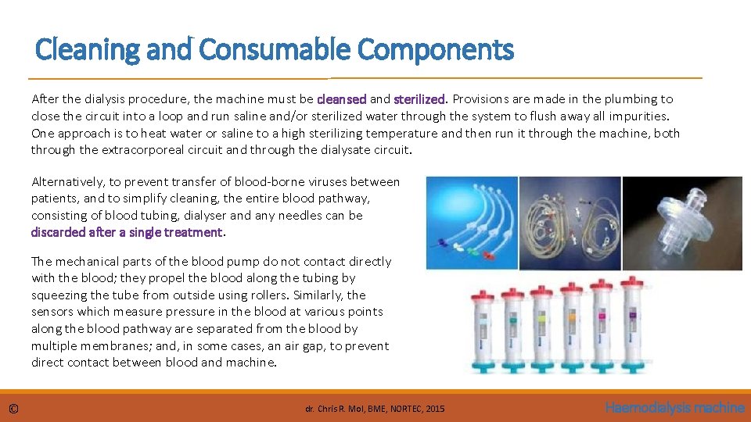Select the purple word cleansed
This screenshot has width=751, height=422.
[x=342, y=99]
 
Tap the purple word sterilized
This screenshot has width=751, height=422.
[x=419, y=99]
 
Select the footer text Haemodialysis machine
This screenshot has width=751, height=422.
[x=674, y=407]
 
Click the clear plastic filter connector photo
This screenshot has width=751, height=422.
[x=672, y=223]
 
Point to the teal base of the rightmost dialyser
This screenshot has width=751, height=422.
[x=602, y=367]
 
